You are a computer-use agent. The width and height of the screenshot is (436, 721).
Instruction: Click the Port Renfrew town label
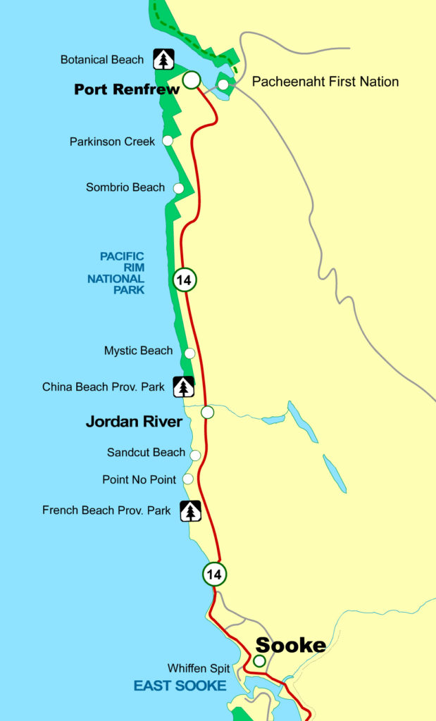click(x=126, y=90)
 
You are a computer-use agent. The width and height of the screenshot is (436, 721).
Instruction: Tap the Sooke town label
click(x=290, y=645)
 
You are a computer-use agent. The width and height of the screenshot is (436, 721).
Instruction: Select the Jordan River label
click(x=134, y=422)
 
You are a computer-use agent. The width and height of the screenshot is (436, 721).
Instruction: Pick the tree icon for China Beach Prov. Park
click(x=183, y=387)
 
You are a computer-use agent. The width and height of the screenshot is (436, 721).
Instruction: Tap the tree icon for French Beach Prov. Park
click(x=190, y=511)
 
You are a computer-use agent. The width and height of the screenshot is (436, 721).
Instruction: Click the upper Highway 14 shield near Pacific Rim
click(x=184, y=280)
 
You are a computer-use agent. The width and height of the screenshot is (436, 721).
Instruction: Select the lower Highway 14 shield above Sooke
click(x=214, y=575)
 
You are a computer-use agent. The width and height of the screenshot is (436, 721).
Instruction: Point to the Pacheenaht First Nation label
click(x=325, y=82)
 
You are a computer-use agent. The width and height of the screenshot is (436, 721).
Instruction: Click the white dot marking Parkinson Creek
click(x=168, y=141)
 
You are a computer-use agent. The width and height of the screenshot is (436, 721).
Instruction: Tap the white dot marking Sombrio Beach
click(x=178, y=188)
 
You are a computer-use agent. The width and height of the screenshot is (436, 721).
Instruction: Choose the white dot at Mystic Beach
click(x=189, y=353)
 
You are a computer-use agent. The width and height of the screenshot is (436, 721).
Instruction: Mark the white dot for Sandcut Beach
click(x=195, y=455)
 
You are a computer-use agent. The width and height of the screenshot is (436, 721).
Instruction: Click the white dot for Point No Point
click(x=188, y=479)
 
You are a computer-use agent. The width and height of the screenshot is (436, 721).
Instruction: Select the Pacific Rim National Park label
click(x=116, y=273)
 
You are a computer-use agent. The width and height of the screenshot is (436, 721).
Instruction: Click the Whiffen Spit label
click(x=199, y=668)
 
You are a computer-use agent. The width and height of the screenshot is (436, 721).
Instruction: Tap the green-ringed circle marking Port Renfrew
click(x=190, y=80)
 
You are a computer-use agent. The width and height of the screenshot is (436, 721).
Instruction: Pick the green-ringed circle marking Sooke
click(x=259, y=661)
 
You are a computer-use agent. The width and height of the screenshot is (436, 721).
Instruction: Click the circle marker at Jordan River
click(x=207, y=412)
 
